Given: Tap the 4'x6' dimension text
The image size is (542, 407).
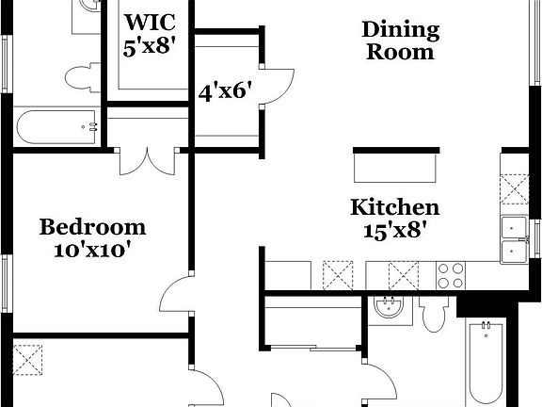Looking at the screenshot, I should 225,92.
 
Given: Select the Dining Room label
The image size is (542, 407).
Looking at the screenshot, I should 400,41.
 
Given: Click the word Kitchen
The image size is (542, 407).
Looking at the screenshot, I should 394,206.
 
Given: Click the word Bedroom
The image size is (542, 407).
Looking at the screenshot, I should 92,227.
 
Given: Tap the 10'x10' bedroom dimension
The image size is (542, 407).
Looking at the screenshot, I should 92,250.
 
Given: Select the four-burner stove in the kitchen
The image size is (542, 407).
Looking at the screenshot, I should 450,275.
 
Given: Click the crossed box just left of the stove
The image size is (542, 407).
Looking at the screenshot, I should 403,275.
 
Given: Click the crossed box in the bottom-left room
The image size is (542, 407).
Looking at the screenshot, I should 27,359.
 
